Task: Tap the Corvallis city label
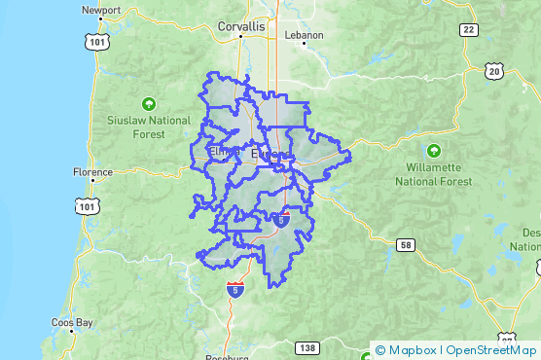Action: [x=241, y=28]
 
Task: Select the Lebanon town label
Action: [x=303, y=34]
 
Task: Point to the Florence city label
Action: [x=92, y=172]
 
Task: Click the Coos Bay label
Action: [x=73, y=322]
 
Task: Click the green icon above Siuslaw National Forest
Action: [x=149, y=102]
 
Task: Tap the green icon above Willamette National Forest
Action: [x=434, y=151]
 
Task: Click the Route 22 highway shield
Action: [x=469, y=30]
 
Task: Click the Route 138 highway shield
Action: [x=307, y=348]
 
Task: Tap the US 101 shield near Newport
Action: [x=96, y=42]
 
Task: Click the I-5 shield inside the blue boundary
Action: [x=281, y=221]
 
